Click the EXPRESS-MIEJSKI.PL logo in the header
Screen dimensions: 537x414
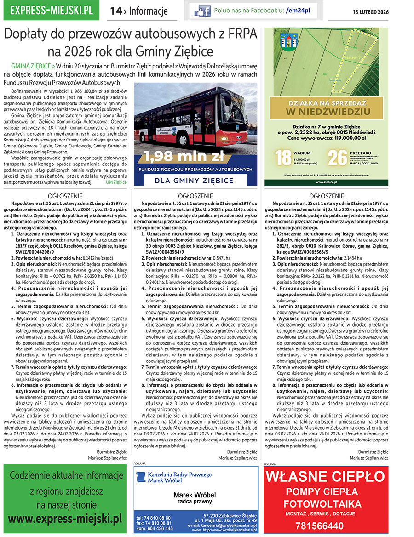pyautogui.click(x=54, y=10)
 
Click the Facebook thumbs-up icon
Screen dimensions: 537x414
pyautogui.click(x=202, y=11)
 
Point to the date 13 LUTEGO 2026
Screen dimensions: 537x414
pyautogui.click(x=371, y=12)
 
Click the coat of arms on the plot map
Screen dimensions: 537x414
pyautogui.click(x=283, y=41)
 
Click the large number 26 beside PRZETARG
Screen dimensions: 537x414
pyautogui.click(x=337, y=157)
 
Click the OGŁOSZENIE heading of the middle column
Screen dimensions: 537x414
pyautogui.click(x=195, y=196)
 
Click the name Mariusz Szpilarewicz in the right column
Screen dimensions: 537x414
pyautogui.click(x=368, y=458)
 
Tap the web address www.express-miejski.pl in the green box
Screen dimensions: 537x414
pyautogui.click(x=65, y=520)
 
